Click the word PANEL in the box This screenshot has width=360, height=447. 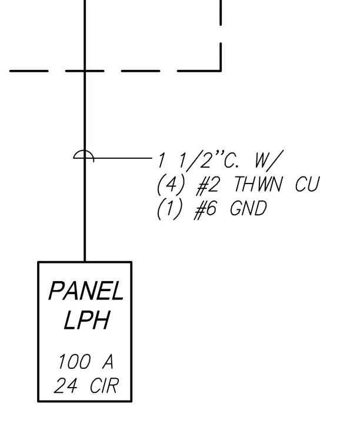tap(86, 291)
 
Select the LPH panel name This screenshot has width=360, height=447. tap(86, 320)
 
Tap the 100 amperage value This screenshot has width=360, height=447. tap(74, 362)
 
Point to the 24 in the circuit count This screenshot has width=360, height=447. tap(65, 386)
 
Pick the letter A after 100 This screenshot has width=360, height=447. tap(108, 362)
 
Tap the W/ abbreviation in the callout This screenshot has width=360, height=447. tap(268, 159)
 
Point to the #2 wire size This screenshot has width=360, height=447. tap(208, 185)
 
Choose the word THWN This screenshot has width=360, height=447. tap(258, 184)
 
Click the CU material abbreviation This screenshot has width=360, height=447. tap(307, 184)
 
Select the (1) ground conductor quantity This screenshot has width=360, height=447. tap(169, 209)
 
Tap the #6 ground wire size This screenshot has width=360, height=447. tap(205, 209)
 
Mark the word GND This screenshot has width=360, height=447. tap(248, 208)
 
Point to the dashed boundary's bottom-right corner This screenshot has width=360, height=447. tap(221, 71)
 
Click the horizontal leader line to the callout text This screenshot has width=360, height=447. tap(123, 158)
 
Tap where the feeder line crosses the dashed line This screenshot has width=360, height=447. tap(85, 71)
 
